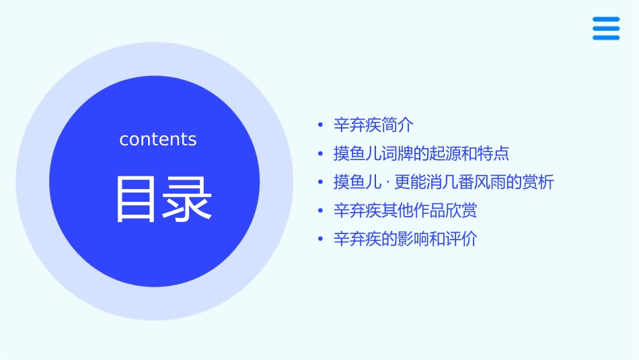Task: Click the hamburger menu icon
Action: [605, 28]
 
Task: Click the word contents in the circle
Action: [158, 139]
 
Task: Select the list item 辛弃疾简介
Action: [374, 124]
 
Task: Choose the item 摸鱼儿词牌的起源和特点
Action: [421, 153]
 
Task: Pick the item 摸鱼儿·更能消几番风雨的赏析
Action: [443, 182]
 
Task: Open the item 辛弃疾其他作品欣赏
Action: [405, 211]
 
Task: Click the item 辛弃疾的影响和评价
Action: [405, 239]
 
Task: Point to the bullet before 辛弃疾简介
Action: [321, 125]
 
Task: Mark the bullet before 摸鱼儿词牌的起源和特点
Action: [321, 154]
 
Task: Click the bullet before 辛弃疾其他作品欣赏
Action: [321, 211]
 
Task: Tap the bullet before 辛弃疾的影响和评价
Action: [321, 240]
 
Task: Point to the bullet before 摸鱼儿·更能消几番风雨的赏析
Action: [321, 182]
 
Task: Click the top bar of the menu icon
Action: [605, 20]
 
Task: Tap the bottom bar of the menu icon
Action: [605, 38]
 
